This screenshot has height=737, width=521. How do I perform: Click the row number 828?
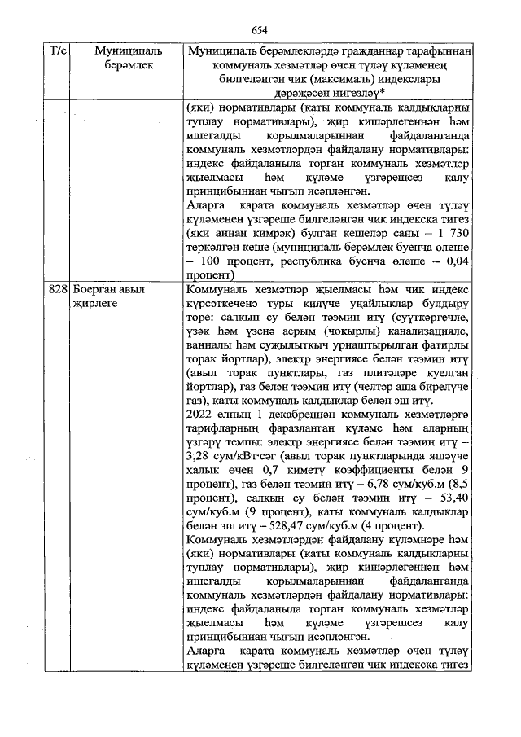click(x=57, y=291)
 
